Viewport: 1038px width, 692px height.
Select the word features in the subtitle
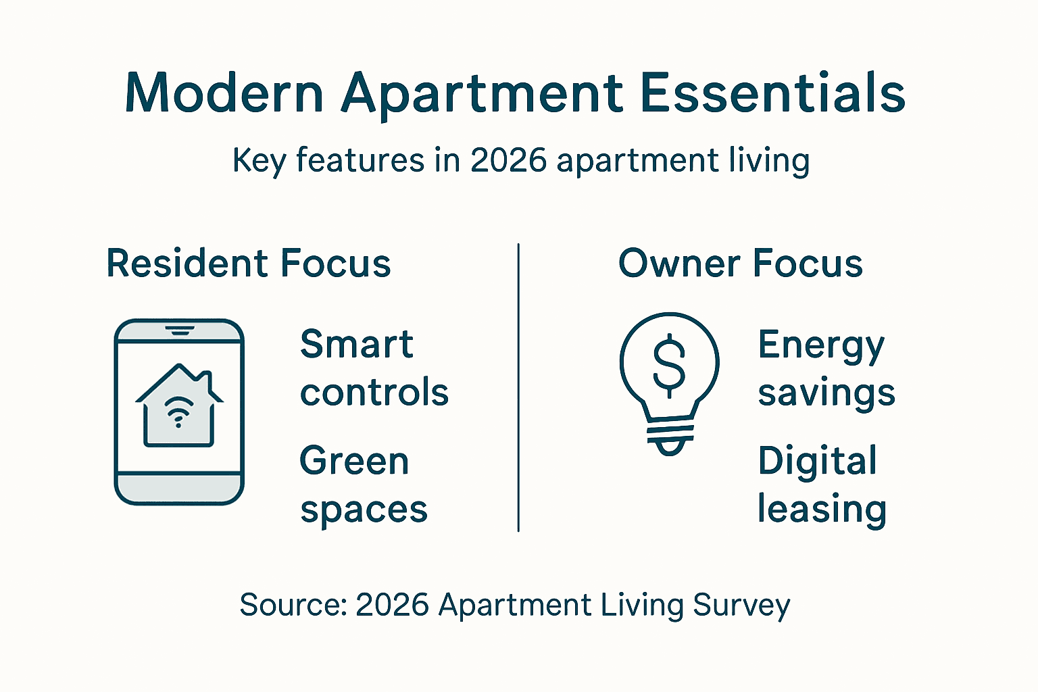[x=360, y=160]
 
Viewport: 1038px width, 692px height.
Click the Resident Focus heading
[x=249, y=264]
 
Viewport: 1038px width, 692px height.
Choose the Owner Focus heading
[x=740, y=264]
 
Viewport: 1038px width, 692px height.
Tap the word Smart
[x=356, y=345]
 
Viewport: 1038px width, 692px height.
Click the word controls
[x=374, y=393]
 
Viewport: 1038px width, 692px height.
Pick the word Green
[x=354, y=462]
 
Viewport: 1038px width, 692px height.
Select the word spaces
[x=364, y=510]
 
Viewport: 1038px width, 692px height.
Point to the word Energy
[x=820, y=346]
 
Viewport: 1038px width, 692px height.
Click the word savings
[x=826, y=393]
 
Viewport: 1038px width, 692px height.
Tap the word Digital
[x=817, y=462]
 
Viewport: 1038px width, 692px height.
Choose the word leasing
[x=821, y=510]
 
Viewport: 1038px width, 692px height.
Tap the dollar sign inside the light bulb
[x=669, y=364]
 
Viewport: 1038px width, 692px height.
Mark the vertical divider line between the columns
[x=518, y=388]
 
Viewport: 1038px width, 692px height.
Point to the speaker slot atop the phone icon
[x=179, y=330]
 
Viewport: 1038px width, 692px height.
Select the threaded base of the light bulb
[x=670, y=436]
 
